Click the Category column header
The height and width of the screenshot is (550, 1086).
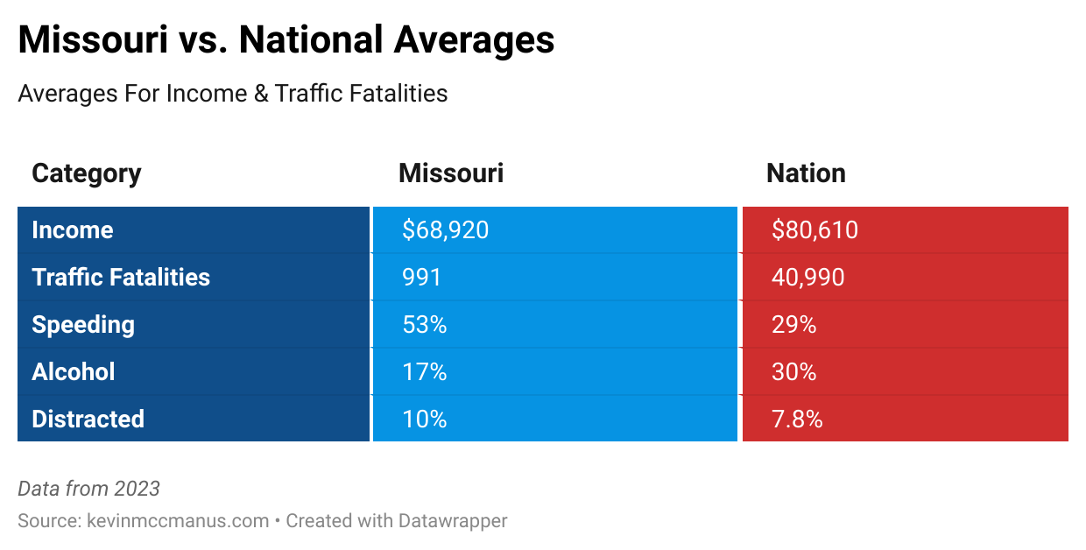[86, 173]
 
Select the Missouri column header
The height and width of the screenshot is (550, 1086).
[451, 173]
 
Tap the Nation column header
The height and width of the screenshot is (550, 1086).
[806, 173]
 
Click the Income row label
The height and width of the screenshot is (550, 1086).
[73, 230]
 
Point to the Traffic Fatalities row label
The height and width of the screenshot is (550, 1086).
[121, 278]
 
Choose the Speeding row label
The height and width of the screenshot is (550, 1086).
[83, 325]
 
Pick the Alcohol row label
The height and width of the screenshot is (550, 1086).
[74, 372]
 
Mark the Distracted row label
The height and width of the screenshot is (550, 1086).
[88, 420]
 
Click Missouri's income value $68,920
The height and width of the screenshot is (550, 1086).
[445, 230]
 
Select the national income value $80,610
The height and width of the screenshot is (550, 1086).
[814, 230]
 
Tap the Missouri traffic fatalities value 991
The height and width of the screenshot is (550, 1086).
[421, 278]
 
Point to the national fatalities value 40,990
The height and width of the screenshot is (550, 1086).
[807, 278]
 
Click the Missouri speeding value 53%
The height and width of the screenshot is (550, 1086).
[425, 325]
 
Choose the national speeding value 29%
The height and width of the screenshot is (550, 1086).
[793, 325]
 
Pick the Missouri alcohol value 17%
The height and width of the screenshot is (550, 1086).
[425, 372]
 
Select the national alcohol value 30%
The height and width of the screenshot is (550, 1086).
[793, 372]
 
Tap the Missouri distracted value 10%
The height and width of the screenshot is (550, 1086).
[425, 420]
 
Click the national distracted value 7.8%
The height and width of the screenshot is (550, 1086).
[797, 420]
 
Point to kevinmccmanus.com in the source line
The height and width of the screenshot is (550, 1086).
[178, 520]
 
